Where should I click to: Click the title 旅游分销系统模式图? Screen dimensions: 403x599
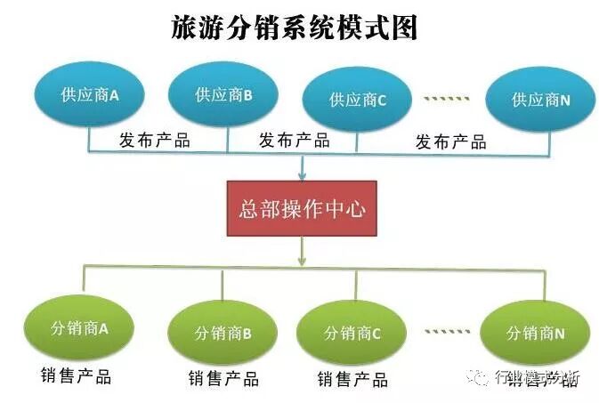pos(295,28)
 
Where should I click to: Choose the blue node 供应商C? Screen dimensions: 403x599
pos(357,101)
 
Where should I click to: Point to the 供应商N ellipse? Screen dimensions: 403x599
pos(539,101)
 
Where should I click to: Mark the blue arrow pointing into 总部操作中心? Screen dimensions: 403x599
pos(303,166)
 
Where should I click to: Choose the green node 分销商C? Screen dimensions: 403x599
pos(352,334)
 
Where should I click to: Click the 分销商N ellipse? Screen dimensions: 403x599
pos(535,334)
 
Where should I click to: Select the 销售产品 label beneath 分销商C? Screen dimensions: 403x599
pos(352,380)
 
